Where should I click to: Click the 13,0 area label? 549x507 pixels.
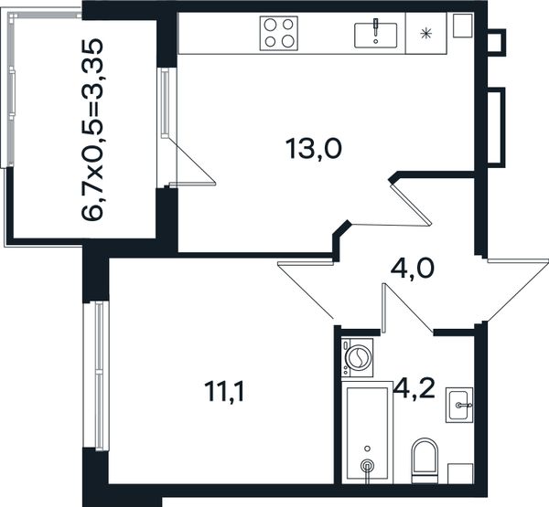click(314, 149)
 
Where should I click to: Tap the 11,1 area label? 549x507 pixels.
click(224, 391)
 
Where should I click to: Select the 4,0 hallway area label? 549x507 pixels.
click(412, 269)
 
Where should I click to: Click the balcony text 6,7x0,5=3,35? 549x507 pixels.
click(92, 130)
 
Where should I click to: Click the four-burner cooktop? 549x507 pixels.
click(279, 33)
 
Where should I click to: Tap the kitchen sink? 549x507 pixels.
click(376, 35)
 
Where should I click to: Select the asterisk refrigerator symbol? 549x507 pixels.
click(425, 34)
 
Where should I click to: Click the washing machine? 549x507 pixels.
click(357, 357)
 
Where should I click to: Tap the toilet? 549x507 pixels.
click(425, 460)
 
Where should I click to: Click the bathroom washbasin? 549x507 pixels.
click(459, 405)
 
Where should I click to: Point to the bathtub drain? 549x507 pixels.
click(367, 465)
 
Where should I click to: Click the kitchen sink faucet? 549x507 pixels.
click(376, 27)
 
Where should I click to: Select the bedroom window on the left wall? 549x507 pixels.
click(96, 375)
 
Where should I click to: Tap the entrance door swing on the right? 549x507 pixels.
click(518, 290)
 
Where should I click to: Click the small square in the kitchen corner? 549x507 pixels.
click(463, 26)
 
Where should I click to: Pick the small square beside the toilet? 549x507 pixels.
click(461, 474)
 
